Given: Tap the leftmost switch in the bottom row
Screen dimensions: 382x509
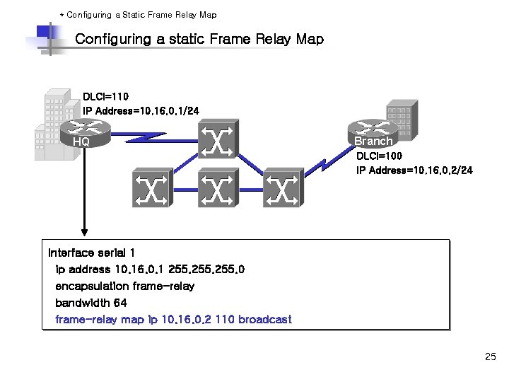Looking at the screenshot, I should [x=151, y=189].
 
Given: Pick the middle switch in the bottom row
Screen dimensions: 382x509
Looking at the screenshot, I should [x=218, y=189].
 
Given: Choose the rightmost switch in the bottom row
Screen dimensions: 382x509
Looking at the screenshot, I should [x=282, y=189].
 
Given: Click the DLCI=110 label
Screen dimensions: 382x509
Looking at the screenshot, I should [x=106, y=97].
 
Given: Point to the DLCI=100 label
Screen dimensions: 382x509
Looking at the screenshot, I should [x=380, y=156].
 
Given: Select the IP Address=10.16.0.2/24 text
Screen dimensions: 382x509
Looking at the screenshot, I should [x=414, y=170].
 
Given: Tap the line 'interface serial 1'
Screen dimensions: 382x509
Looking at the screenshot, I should [x=91, y=253].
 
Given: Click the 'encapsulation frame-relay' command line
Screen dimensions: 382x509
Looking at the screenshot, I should [x=124, y=286].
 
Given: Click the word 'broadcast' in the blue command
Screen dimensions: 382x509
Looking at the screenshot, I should [x=264, y=320].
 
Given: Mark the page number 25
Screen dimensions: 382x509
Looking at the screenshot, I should [x=491, y=357].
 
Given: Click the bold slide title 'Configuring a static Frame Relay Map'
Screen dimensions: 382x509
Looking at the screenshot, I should [x=199, y=39].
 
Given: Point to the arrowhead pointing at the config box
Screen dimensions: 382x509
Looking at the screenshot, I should [x=84, y=231].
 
